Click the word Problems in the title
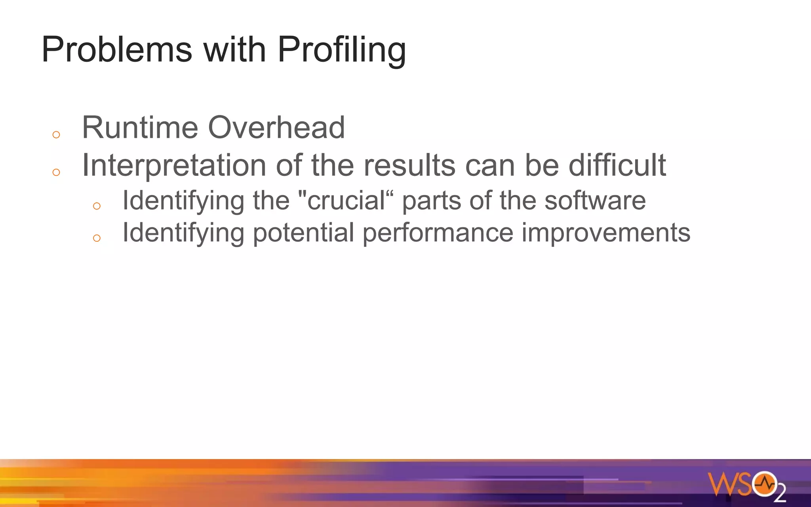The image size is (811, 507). tap(117, 50)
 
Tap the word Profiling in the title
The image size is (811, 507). tap(341, 50)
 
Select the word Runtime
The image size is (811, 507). tap(140, 128)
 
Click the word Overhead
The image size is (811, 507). tap(276, 128)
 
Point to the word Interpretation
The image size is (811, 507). tap(174, 166)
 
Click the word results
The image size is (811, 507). tap(409, 166)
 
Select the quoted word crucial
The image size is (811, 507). tap(346, 200)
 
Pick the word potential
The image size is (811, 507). tap(303, 233)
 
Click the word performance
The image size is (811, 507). tap(438, 233)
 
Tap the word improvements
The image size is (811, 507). tap(606, 233)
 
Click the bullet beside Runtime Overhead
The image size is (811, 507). tap(56, 135)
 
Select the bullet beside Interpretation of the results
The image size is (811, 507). tap(56, 172)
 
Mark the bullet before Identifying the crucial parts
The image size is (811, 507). tap(97, 206)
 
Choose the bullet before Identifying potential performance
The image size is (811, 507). tap(97, 238)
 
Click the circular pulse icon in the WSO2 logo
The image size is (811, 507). tap(764, 484)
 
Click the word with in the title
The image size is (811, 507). tap(234, 50)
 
